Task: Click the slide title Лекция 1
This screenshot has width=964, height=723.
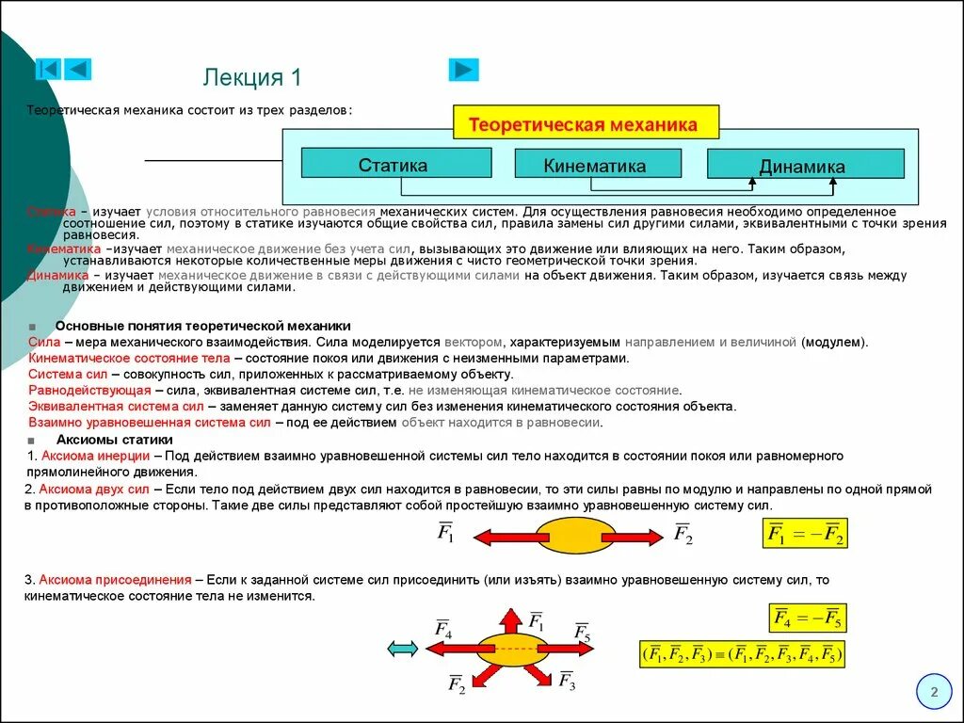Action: [x=252, y=77]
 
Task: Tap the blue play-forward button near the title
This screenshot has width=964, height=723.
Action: [x=463, y=70]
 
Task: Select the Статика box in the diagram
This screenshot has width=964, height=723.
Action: [x=395, y=164]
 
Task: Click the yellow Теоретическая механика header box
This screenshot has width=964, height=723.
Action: [x=585, y=124]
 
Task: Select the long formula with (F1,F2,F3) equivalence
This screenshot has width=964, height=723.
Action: [x=742, y=654]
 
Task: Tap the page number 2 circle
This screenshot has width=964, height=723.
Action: [x=934, y=694]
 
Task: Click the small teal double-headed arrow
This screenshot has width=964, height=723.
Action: [x=403, y=648]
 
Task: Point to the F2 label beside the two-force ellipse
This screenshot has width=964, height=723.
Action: [x=683, y=535]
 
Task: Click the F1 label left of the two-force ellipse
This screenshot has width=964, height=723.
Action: [x=446, y=533]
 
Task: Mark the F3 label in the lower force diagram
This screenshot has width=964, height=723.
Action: [x=567, y=681]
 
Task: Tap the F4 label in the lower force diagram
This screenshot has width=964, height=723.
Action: [x=442, y=629]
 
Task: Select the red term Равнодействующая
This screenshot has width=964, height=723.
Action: [x=89, y=390]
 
